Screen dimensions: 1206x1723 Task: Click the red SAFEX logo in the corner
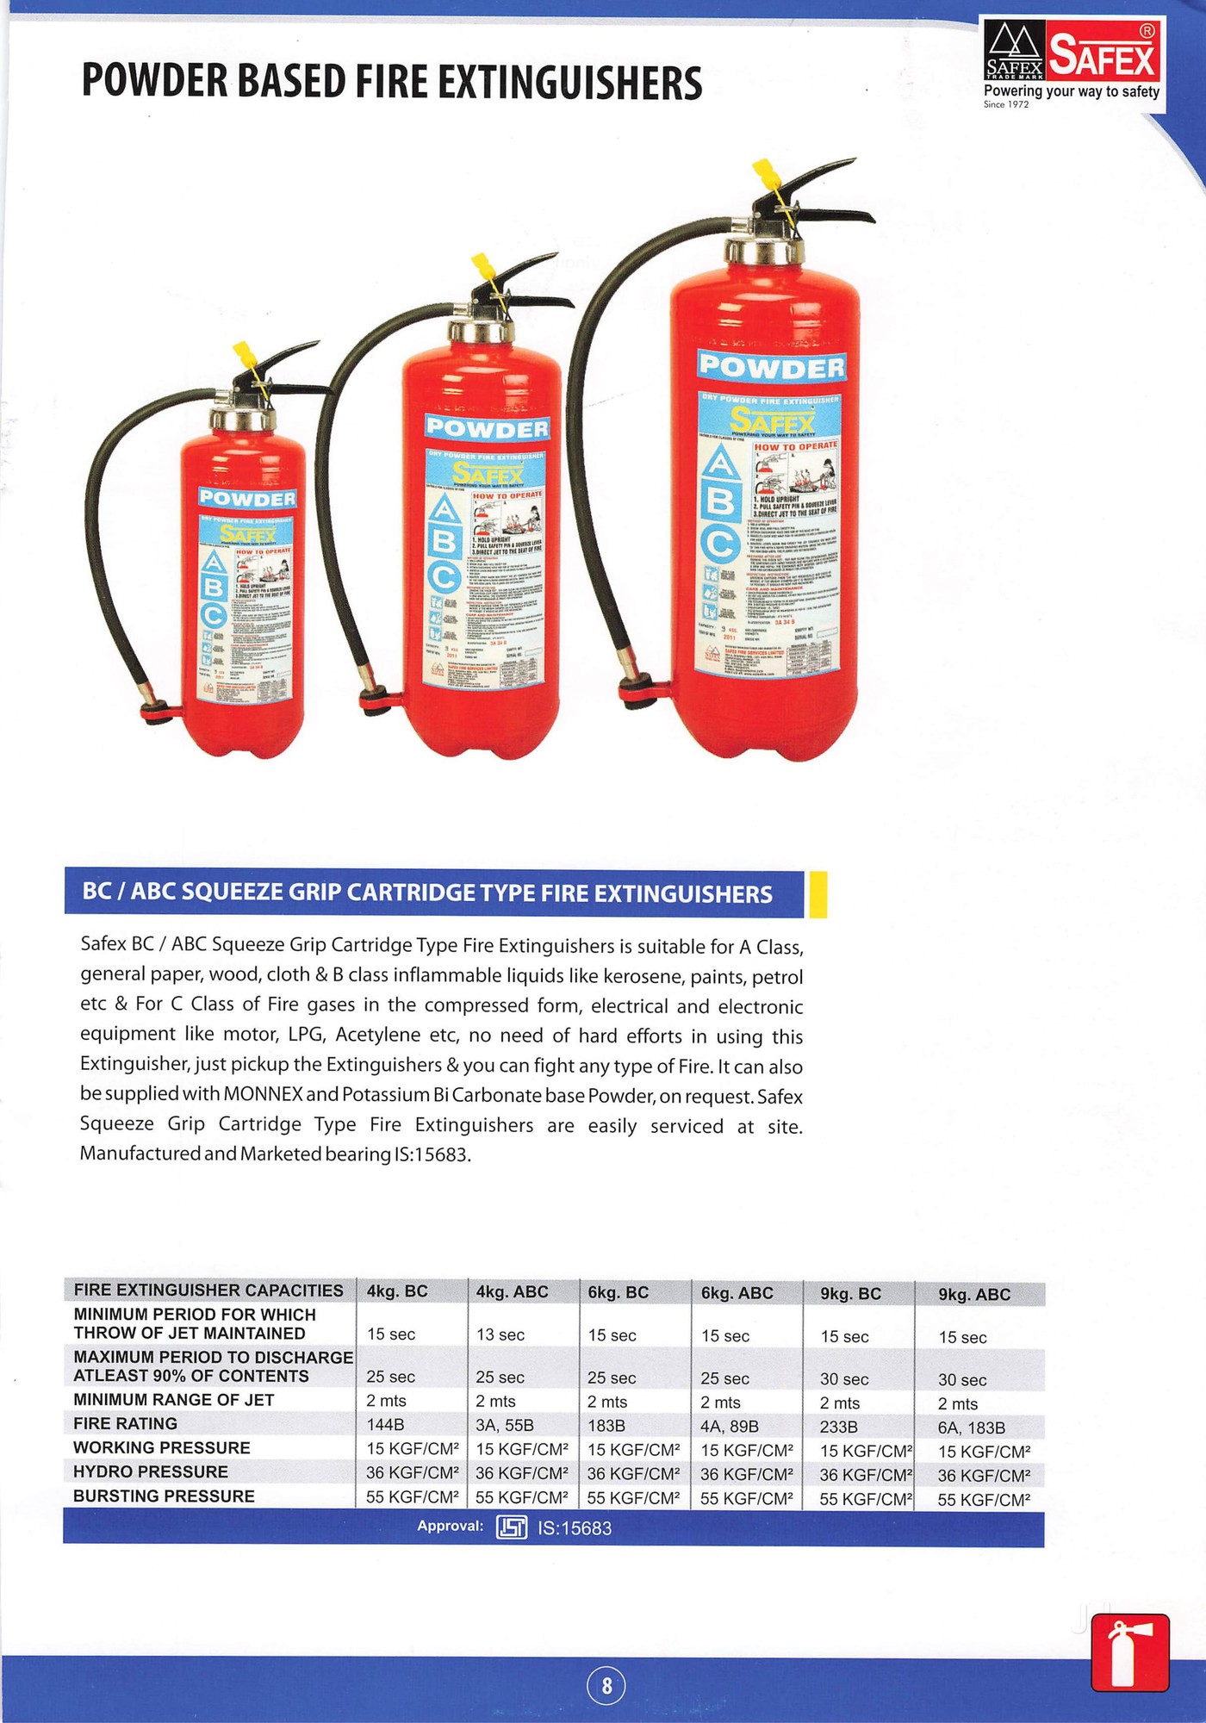1102,56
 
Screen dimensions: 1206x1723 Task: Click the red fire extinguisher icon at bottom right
1129,1653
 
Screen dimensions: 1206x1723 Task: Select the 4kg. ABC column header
512,1291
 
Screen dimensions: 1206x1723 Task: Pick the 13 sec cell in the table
500,1334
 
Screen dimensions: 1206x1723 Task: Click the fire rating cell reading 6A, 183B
971,1428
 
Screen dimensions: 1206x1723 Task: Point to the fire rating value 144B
385,1425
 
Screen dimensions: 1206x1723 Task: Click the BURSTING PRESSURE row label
164,1496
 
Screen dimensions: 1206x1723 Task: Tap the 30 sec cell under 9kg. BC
843,1379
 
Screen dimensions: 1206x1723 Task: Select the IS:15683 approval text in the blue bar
575,1528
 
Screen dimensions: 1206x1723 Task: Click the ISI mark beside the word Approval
511,1527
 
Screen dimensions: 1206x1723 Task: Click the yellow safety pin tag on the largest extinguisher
767,176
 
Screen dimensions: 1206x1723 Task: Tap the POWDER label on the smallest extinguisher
247,498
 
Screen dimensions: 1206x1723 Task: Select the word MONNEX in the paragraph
263,1095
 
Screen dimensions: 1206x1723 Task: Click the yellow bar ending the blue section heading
817,893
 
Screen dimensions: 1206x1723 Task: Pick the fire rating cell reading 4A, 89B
729,1427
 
